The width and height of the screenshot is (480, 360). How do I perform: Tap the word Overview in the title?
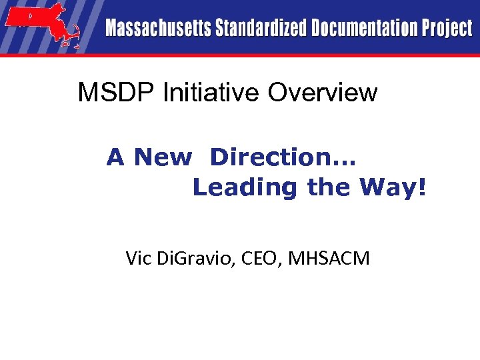(x=323, y=93)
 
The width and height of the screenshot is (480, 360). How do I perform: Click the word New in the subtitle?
(x=163, y=158)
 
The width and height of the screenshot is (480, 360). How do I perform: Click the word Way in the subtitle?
(x=385, y=188)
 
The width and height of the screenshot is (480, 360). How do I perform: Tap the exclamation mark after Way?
(x=420, y=188)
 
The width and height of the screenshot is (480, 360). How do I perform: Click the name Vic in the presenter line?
(x=139, y=258)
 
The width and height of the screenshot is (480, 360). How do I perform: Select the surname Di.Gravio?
(x=197, y=259)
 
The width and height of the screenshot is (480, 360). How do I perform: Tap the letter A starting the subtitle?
(x=115, y=158)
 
